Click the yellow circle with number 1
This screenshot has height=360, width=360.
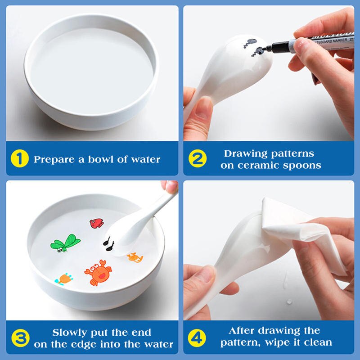pyautogui.click(x=19, y=159)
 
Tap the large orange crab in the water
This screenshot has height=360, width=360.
pyautogui.click(x=98, y=273)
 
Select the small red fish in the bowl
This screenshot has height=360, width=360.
pyautogui.click(x=96, y=223)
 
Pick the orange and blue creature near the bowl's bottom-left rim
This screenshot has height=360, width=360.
pyautogui.click(x=63, y=279)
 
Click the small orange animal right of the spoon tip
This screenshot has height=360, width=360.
pyautogui.click(x=135, y=257)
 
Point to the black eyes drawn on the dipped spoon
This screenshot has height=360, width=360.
pyautogui.click(x=108, y=243)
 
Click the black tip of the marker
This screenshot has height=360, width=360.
pyautogui.click(x=270, y=46)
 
